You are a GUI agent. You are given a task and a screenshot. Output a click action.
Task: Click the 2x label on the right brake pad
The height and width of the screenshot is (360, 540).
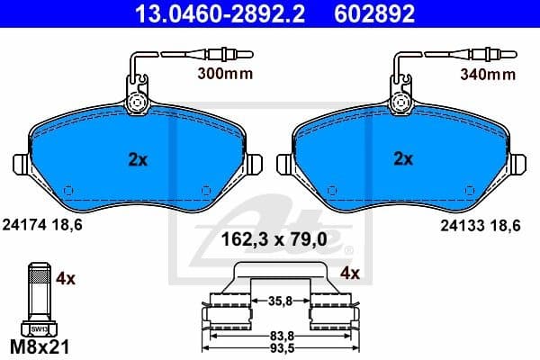click(x=404, y=159)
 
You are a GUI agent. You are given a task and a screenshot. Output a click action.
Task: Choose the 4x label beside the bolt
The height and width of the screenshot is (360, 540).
click(x=65, y=279)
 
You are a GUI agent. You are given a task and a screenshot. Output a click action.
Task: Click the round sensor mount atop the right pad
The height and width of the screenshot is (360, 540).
click(x=403, y=103)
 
